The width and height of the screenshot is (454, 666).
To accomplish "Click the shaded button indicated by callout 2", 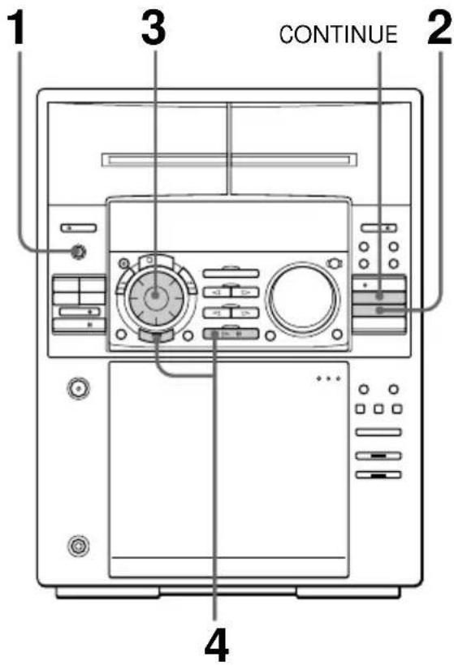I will [379, 309].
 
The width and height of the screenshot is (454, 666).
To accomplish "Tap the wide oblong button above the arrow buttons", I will [231, 273].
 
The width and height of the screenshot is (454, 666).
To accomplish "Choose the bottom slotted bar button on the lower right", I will [378, 474].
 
